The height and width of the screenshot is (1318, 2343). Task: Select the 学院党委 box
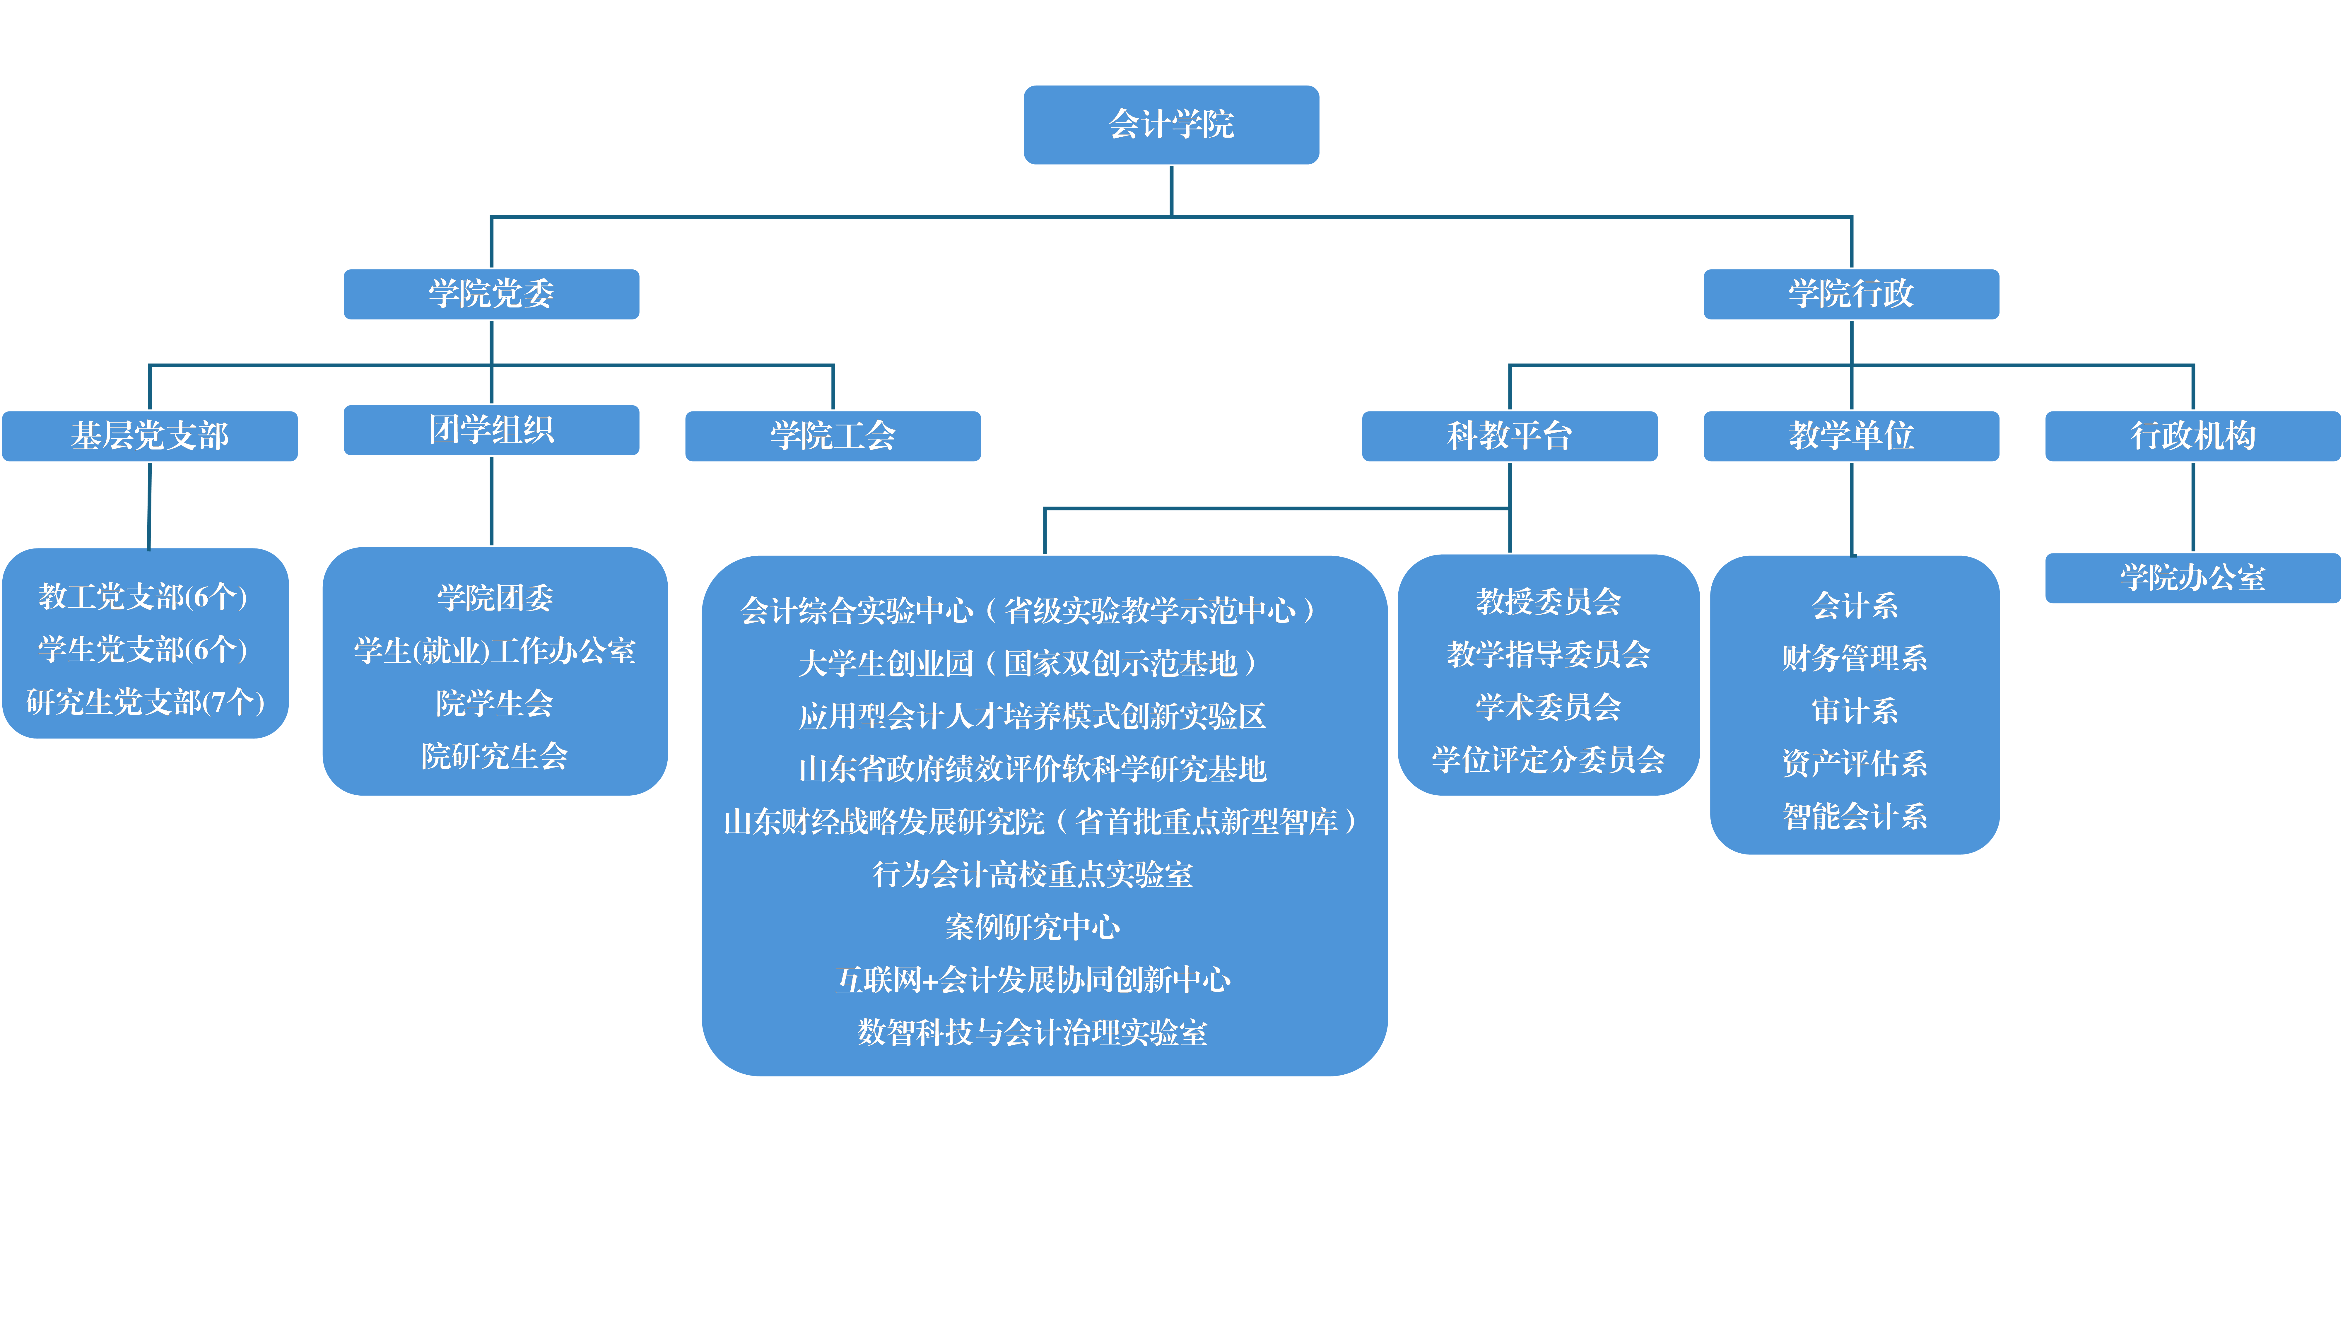491,294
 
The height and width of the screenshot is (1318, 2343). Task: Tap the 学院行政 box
1851,294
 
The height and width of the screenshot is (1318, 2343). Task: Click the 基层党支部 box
150,436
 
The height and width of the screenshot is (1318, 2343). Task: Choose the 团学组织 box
491,429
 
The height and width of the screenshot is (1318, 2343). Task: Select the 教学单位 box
1851,436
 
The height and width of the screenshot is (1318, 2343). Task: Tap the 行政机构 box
2193,436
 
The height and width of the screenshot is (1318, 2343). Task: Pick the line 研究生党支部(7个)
146,702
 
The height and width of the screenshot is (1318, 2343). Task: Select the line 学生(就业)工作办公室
495,650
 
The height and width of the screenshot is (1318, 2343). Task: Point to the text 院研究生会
495,756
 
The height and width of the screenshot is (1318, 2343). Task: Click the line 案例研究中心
1032,927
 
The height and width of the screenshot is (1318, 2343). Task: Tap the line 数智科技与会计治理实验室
1032,1032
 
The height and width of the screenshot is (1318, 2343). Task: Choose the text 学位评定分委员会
1548,760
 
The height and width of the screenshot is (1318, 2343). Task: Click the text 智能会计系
1855,816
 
